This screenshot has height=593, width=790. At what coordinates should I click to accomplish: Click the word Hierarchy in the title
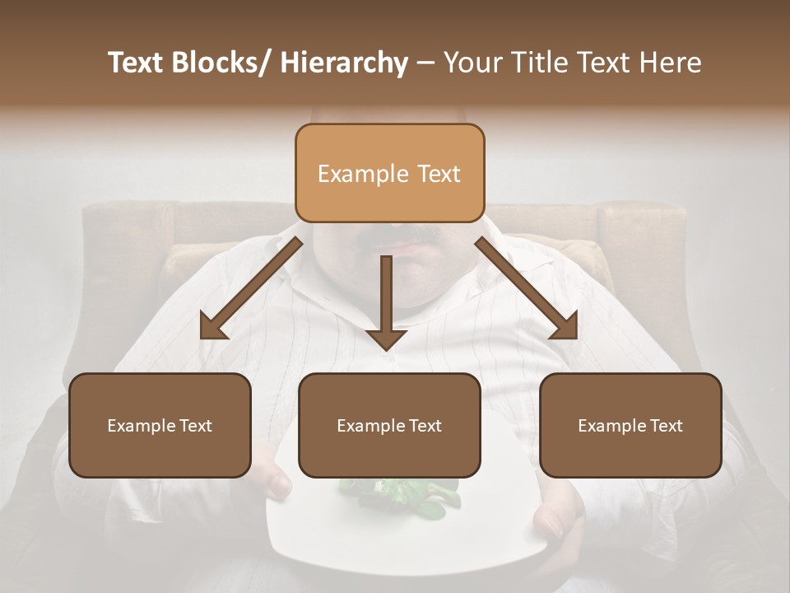tap(344, 63)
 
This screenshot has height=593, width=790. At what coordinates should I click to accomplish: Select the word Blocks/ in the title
tap(221, 63)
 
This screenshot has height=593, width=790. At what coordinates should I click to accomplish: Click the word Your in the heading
tap(472, 63)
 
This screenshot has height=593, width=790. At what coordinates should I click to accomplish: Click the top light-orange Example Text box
tap(389, 173)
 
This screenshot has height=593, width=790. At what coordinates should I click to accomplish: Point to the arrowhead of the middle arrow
tap(386, 338)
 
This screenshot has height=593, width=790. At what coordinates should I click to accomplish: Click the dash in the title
tap(425, 63)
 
